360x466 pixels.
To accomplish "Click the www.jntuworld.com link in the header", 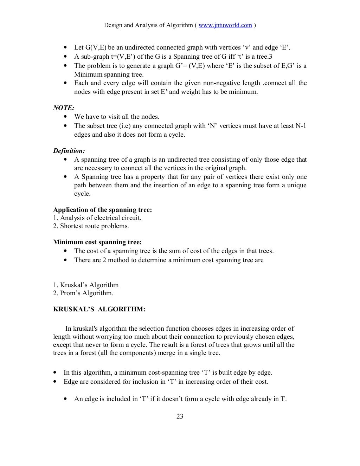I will coord(225,25).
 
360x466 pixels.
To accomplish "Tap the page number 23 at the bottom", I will coord(180,417).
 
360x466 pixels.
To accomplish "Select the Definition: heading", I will coord(69,151).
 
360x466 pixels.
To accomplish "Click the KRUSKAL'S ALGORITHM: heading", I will coord(99,310).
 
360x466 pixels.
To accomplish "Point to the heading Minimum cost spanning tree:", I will coord(97,242).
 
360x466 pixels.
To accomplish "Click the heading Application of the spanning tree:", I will coord(102,210).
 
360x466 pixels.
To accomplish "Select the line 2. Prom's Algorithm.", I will coord(83,293).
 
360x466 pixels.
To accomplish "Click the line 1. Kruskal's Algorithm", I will coord(86,285).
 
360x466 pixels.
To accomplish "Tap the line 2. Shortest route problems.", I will coord(91,226).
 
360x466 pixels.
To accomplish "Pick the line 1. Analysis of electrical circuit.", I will coord(97,218).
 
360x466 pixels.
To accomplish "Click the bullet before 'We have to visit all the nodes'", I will coord(66,117).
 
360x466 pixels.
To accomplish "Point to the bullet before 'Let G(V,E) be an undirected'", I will coord(66,47).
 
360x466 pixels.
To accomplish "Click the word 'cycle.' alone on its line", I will coord(82,194).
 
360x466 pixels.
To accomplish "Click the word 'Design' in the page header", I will coord(113,25).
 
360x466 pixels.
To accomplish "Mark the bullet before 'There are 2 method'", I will coord(66,260).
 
